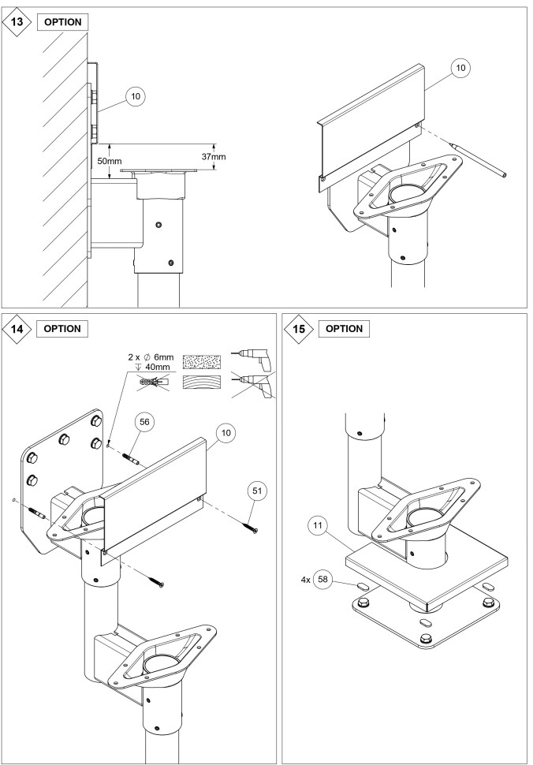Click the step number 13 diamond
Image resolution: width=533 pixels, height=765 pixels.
pyautogui.click(x=17, y=21)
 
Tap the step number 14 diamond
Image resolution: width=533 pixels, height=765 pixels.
pyautogui.click(x=17, y=328)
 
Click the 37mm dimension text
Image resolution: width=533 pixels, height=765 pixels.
pyautogui.click(x=213, y=157)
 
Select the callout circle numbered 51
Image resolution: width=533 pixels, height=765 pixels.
pyautogui.click(x=257, y=490)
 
